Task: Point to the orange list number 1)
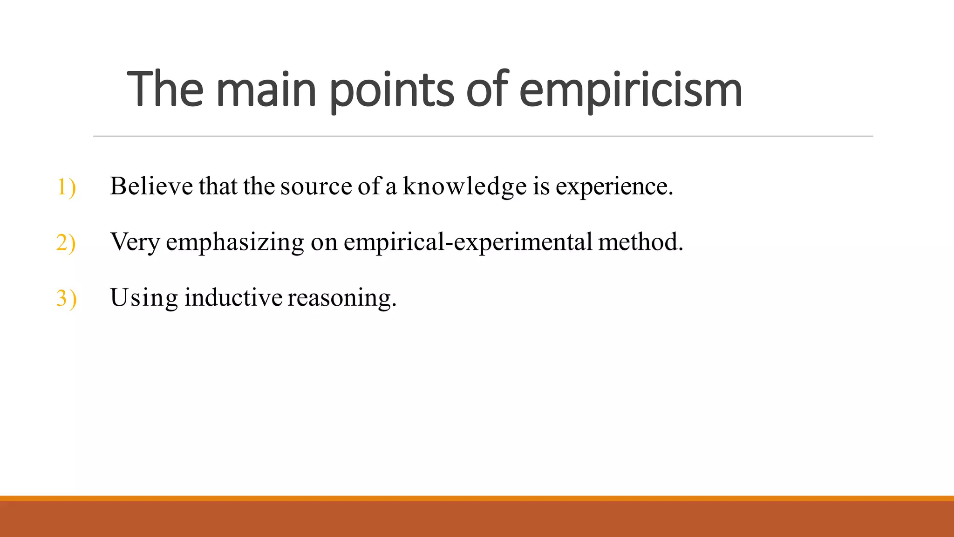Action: (66, 187)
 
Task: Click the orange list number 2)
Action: (66, 243)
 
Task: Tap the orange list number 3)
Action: (66, 298)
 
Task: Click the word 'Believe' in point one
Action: (151, 186)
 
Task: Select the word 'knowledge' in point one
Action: (464, 186)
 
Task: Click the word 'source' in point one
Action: (316, 186)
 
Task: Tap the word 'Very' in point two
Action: (135, 242)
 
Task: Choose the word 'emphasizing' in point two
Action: (235, 242)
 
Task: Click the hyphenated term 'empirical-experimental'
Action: (468, 242)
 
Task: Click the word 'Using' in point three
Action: (143, 297)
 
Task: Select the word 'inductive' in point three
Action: (233, 297)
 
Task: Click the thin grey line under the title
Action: (483, 136)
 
